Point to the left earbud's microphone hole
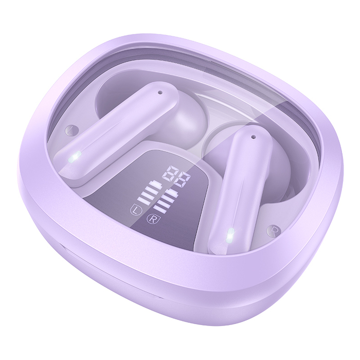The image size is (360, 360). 160,93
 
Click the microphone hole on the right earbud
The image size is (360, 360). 253,137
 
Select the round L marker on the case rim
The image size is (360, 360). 70,130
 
